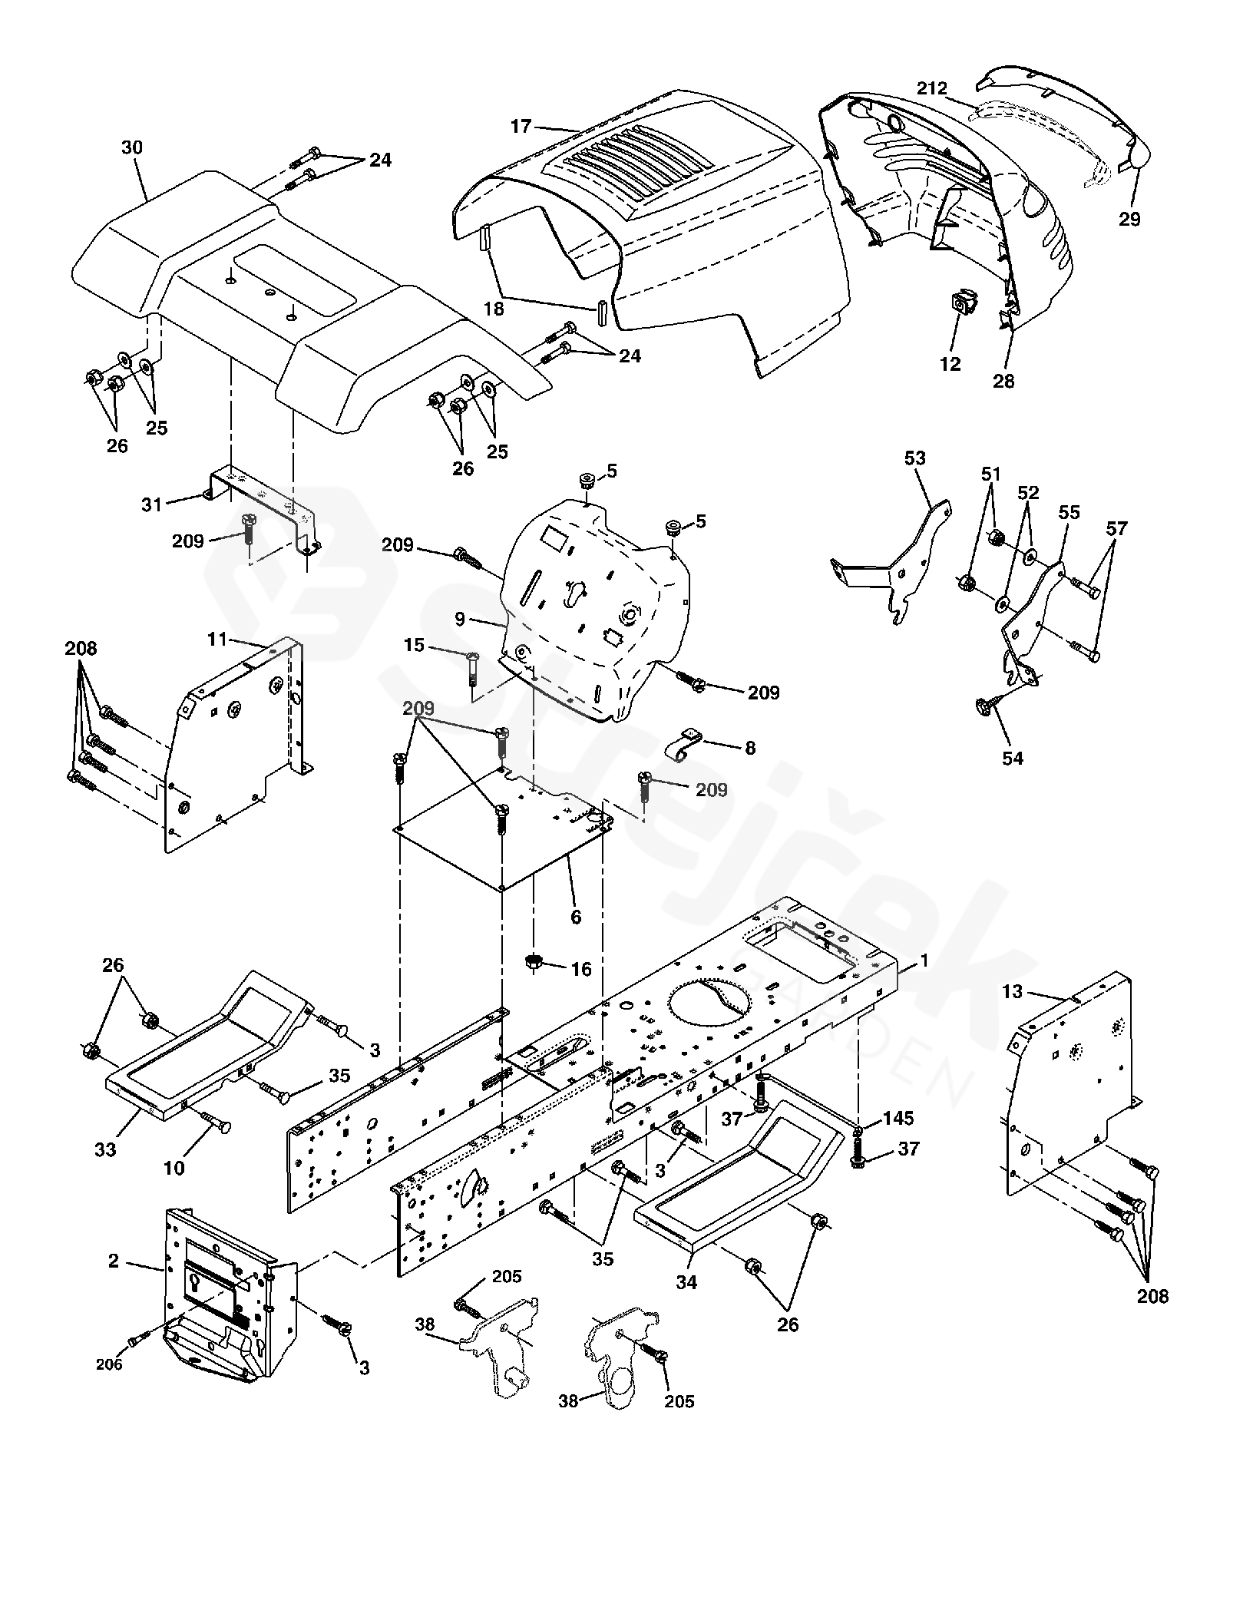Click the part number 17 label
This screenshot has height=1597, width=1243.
[521, 126]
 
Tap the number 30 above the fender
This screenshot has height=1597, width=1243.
[132, 147]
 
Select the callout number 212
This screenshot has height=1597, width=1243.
[931, 88]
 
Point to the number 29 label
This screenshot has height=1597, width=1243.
[1129, 219]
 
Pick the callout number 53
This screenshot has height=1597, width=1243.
[915, 458]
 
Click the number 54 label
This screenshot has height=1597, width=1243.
[1013, 758]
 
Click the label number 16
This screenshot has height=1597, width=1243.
[581, 969]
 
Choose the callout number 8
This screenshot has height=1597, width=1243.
[750, 747]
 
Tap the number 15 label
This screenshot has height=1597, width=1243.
[414, 646]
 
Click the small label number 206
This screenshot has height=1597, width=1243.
[109, 1364]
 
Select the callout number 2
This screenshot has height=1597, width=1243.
[114, 1260]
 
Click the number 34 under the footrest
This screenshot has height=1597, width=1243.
[686, 1281]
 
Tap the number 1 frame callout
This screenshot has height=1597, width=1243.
[924, 960]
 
